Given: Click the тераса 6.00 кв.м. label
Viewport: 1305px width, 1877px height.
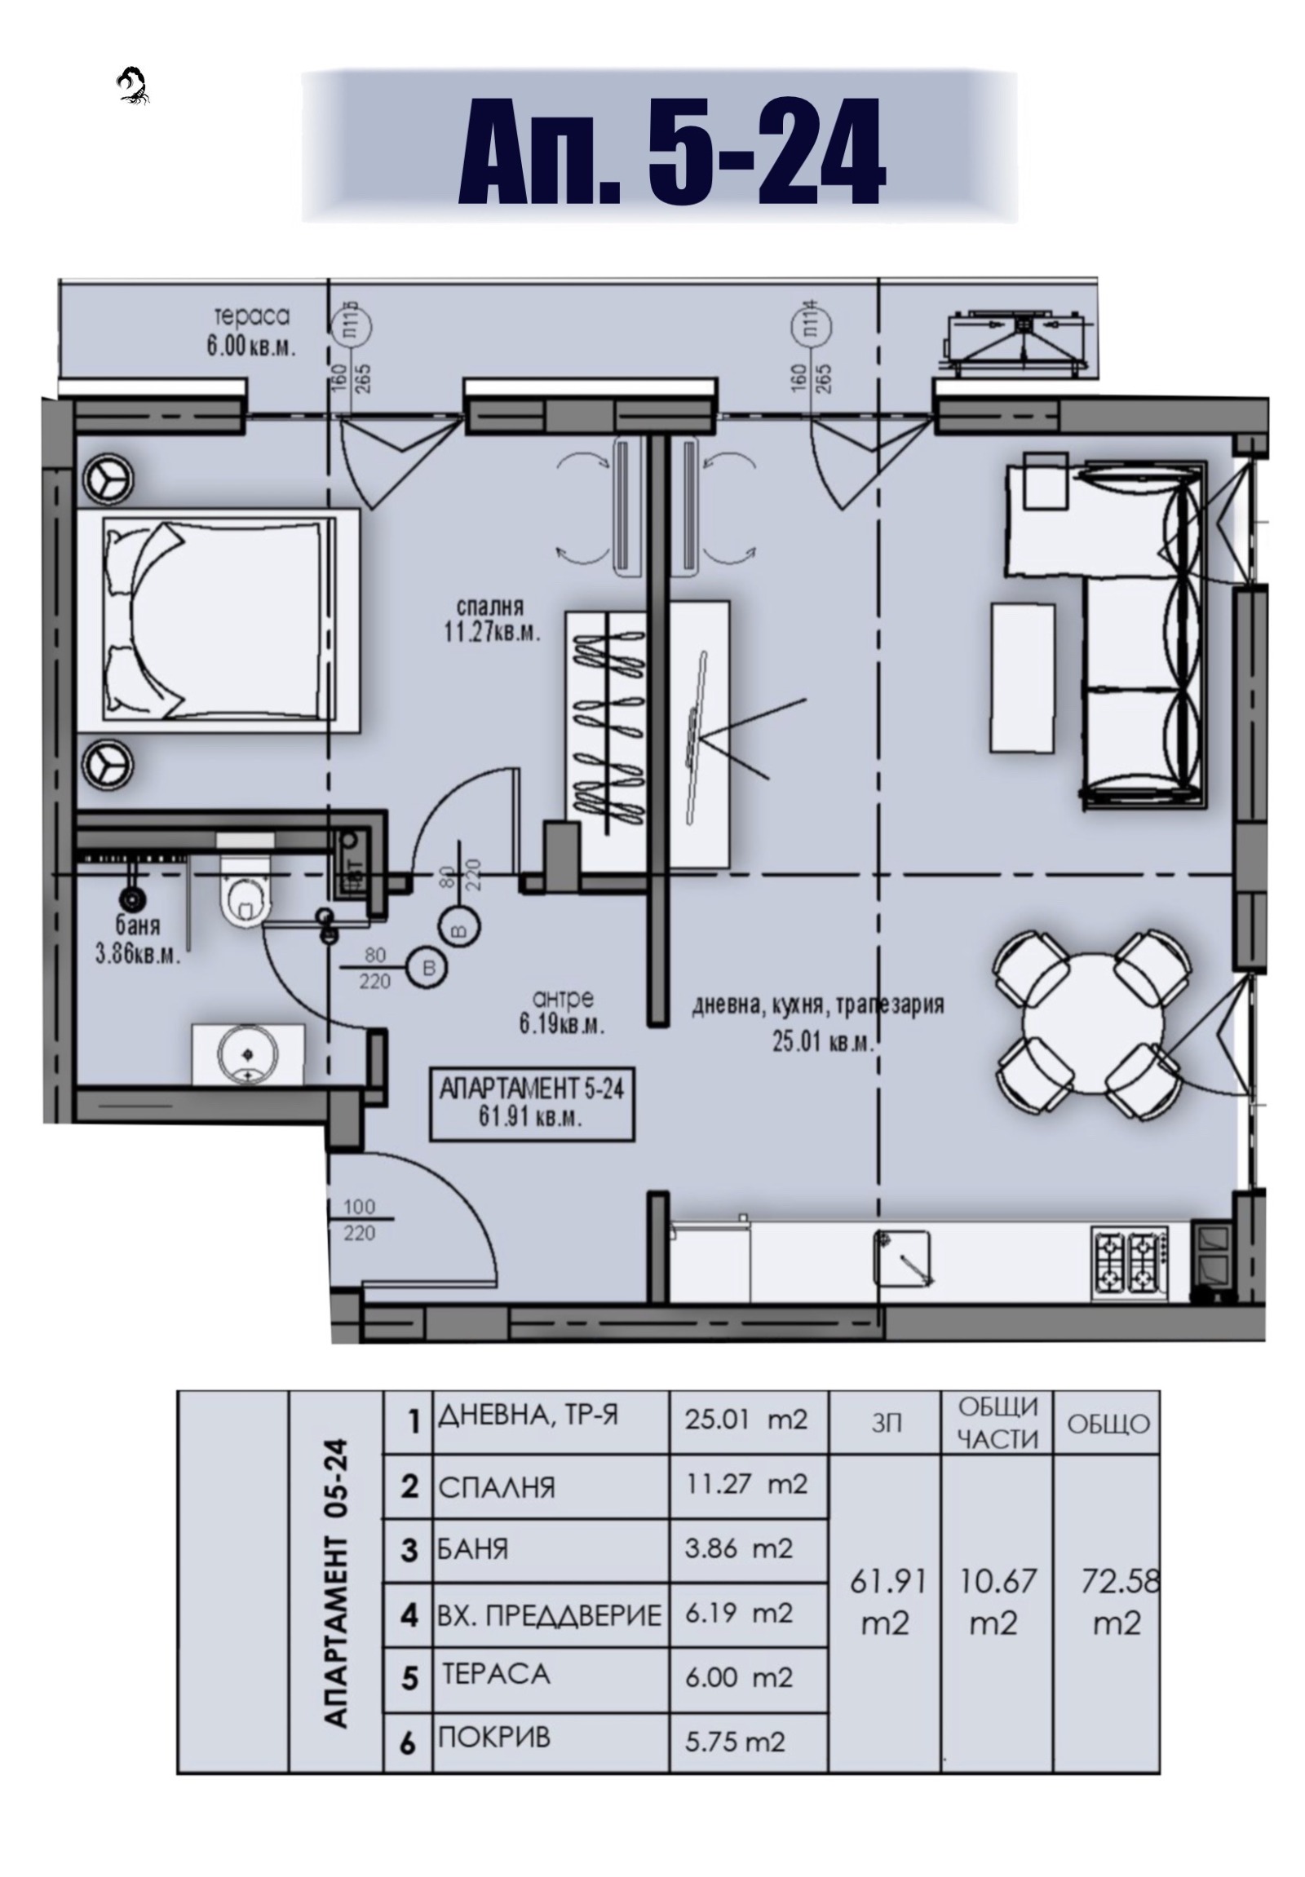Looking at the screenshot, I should [251, 331].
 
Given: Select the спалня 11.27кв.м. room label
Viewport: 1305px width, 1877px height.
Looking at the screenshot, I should [498, 620].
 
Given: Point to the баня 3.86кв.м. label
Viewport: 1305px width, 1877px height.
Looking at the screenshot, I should [137, 940].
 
